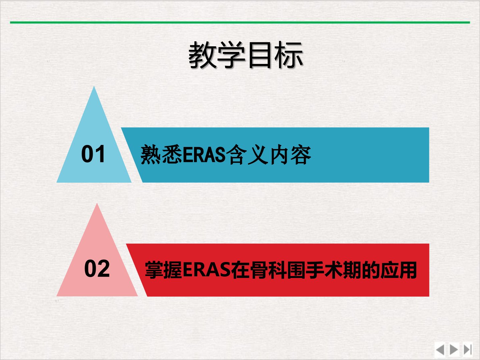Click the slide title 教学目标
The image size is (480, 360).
point(246,55)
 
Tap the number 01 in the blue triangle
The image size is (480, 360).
point(93,154)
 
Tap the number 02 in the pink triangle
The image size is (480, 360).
point(97,269)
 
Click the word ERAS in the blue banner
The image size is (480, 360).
point(204,155)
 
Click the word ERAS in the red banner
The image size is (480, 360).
point(206,270)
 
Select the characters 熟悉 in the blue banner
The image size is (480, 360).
point(161,155)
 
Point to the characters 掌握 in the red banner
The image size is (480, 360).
point(164,270)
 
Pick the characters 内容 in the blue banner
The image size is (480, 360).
point(290,155)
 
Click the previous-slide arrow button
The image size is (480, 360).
point(440,350)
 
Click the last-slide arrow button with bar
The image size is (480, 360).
point(467,350)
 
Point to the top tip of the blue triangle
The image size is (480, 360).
point(94,86)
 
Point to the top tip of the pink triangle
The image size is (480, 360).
point(97,203)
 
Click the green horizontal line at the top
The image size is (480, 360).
point(240,22)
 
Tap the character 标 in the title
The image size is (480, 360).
point(289,55)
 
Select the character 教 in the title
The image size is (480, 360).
point(202,55)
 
